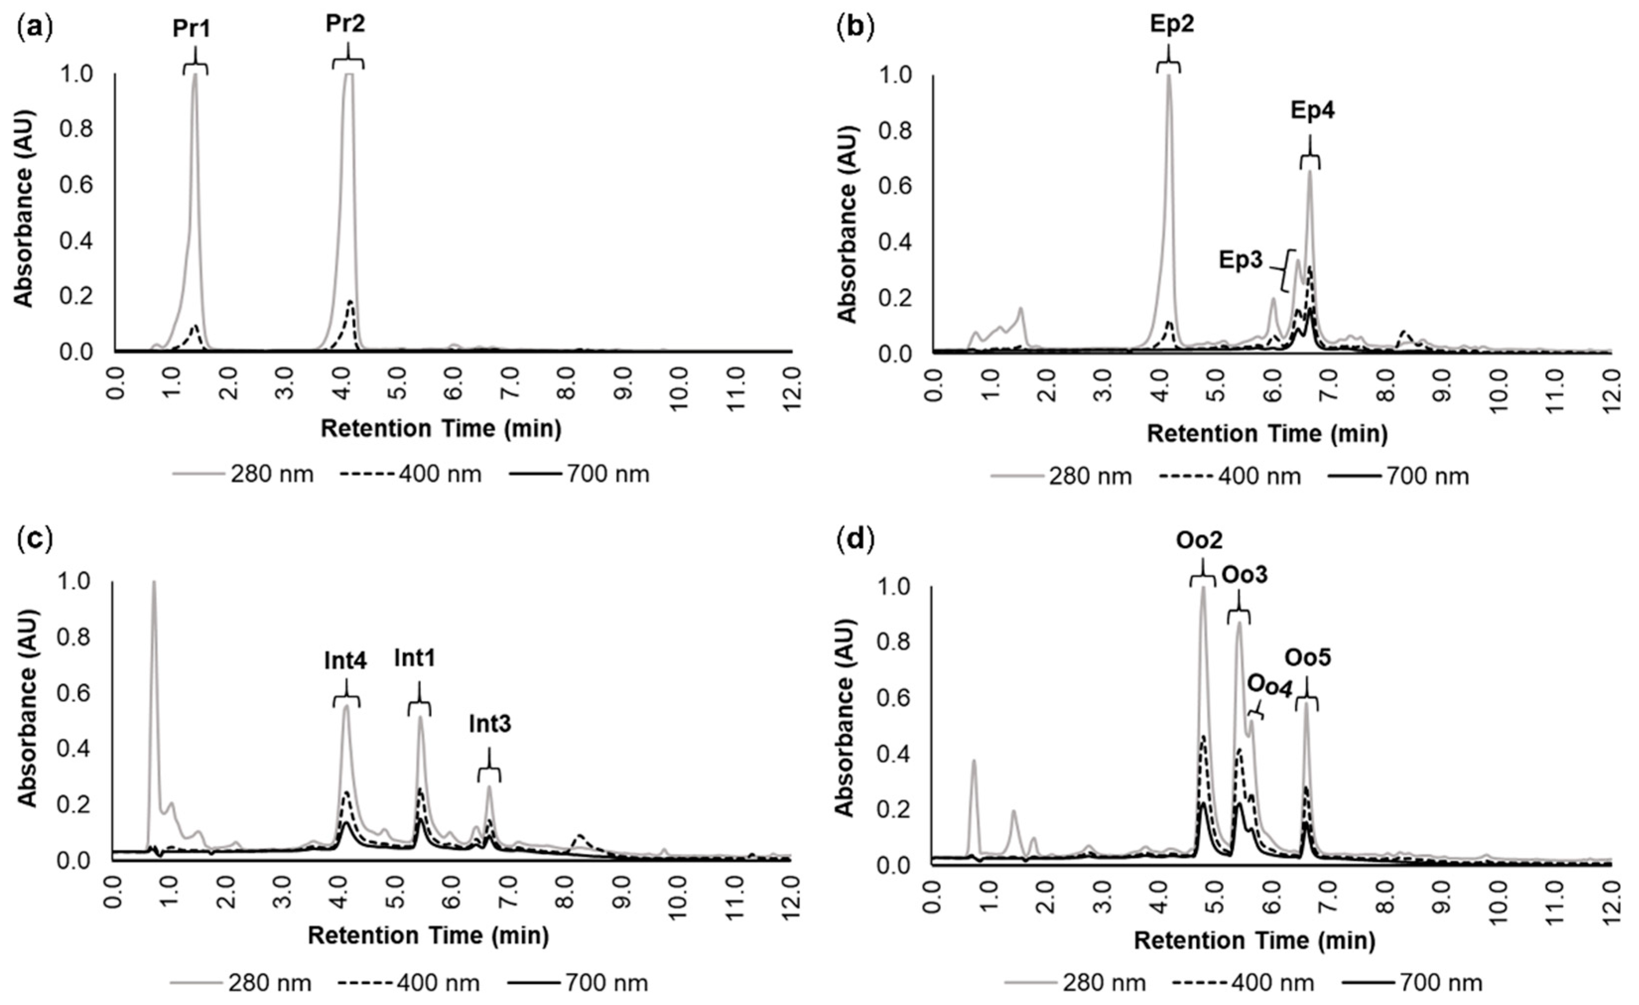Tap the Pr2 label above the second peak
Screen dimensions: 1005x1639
tap(346, 25)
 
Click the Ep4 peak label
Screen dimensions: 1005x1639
tap(1313, 111)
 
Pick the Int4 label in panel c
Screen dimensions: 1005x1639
tap(346, 662)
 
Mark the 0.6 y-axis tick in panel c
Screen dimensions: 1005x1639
tap(78, 693)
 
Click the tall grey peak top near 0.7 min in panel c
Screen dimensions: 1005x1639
tap(154, 583)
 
